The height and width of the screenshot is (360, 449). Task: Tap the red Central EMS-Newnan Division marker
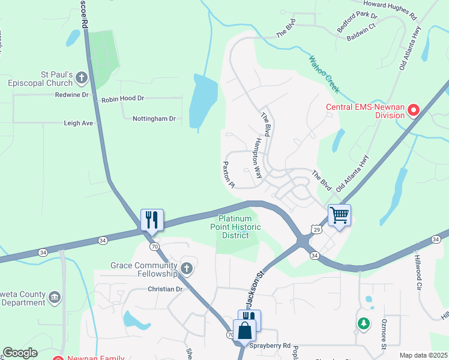[x=414, y=110]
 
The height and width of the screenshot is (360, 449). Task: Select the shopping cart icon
[x=339, y=215]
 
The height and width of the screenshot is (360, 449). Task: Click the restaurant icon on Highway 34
[x=152, y=219]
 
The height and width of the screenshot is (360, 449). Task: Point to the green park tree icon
[x=363, y=323]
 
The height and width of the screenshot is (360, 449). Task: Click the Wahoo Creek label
[x=324, y=75]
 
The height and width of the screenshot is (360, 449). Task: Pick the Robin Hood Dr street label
[x=123, y=98]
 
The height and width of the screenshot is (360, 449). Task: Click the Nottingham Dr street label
[x=154, y=119]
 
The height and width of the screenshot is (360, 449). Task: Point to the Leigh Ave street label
[x=79, y=122]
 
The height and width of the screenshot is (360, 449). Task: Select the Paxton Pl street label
[x=228, y=175]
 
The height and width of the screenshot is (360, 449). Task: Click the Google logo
[x=20, y=353]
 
